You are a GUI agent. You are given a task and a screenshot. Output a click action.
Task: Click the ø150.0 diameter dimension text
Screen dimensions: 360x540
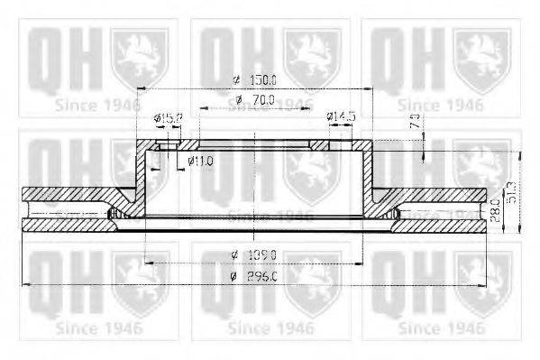pyautogui.click(x=254, y=80)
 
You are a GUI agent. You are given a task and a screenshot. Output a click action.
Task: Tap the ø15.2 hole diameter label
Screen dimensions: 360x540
pyautogui.click(x=168, y=117)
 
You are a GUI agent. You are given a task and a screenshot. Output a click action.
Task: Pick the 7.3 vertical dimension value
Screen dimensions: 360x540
pyautogui.click(x=414, y=122)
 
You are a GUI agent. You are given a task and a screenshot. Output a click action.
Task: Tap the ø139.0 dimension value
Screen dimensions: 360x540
pyautogui.click(x=254, y=254)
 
